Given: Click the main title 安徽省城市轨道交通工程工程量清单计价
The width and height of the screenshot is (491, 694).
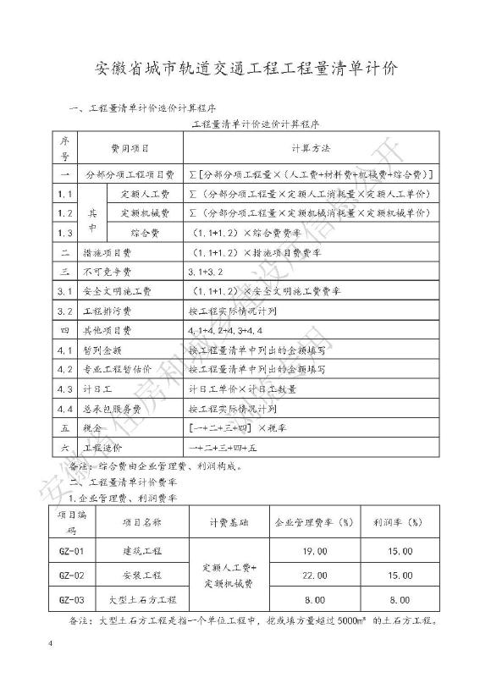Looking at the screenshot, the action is tap(245, 67).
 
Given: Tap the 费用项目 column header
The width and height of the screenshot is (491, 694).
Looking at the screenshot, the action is tap(130, 148).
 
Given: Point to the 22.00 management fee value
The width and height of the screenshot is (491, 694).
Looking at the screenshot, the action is tap(314, 576).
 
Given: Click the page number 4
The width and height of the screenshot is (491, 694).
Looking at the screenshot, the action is tap(52, 647).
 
